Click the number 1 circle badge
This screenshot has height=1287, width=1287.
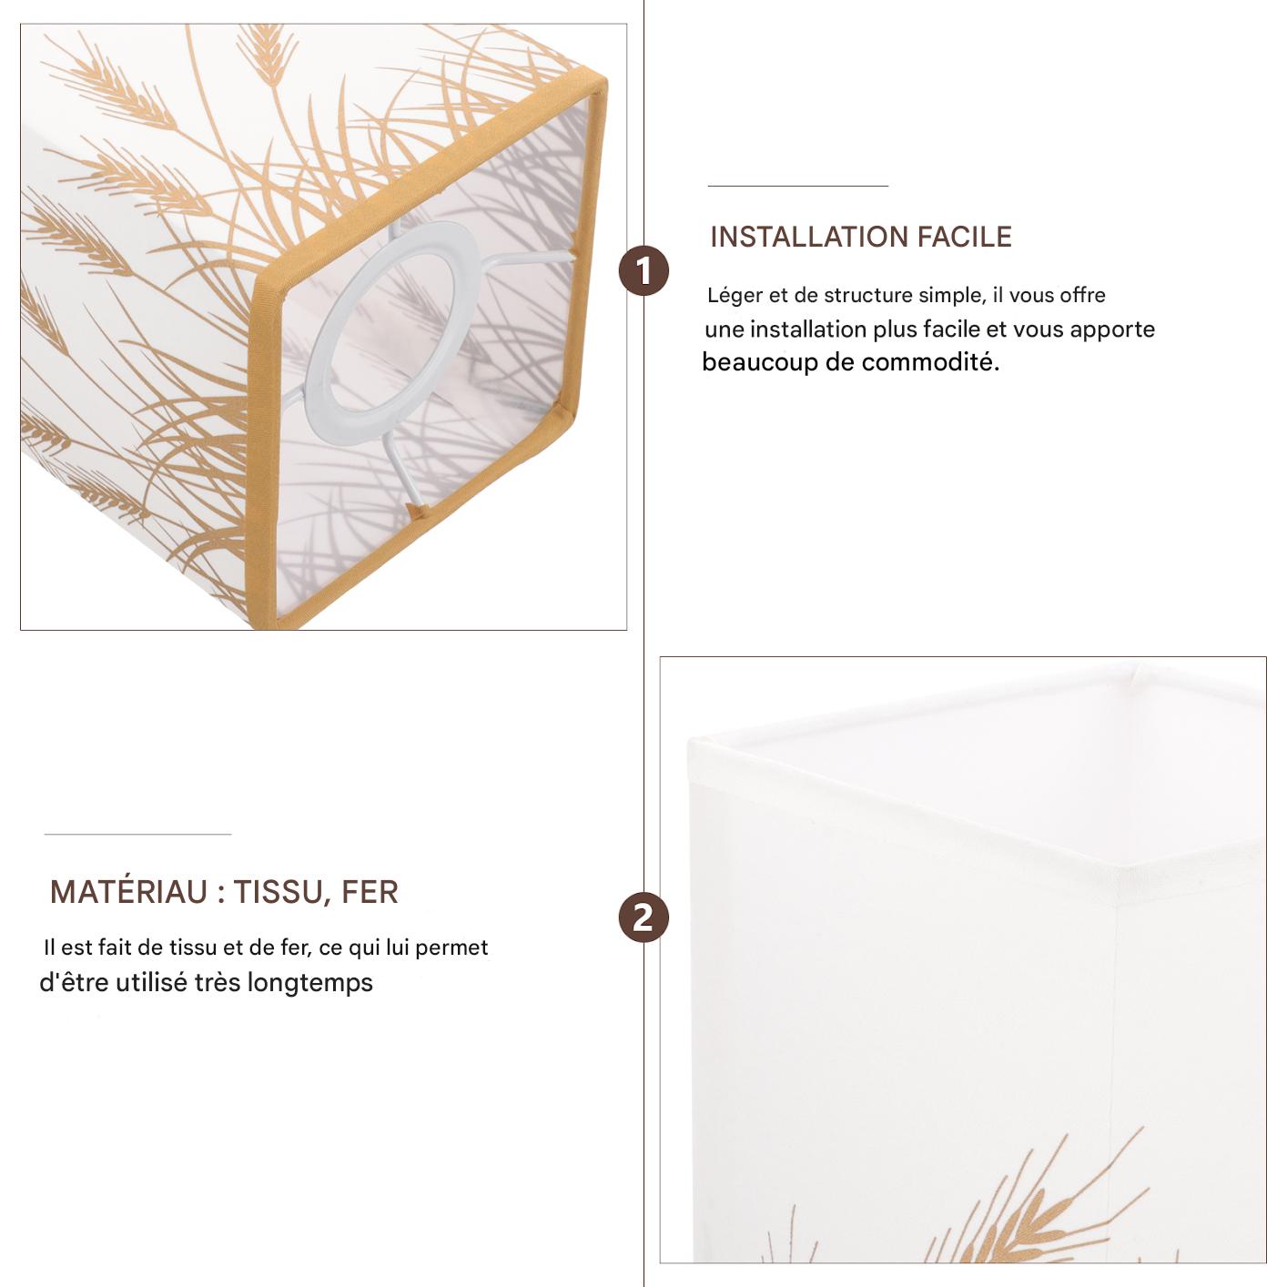pyautogui.click(x=643, y=271)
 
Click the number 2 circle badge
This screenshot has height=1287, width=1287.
pyautogui.click(x=643, y=917)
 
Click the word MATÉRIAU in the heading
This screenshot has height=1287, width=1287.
pyautogui.click(x=129, y=892)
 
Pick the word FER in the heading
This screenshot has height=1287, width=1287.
pyautogui.click(x=370, y=892)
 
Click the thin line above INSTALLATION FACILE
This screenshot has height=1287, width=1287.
pyautogui.click(x=798, y=186)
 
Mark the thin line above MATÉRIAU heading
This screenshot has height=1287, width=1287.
pyautogui.click(x=137, y=834)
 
